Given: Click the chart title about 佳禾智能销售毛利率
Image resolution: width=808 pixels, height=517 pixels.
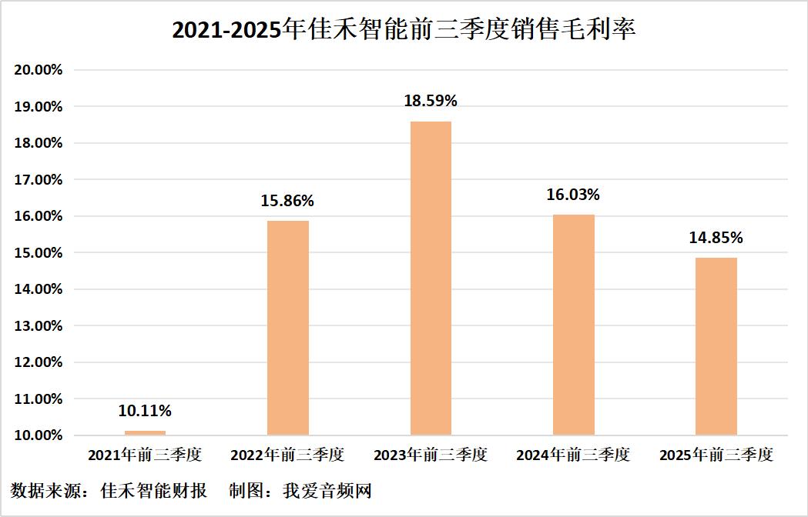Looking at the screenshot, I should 404,31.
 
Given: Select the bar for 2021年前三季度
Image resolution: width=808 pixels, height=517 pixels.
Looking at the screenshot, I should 145,432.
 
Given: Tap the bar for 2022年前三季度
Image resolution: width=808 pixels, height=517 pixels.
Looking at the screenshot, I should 288,329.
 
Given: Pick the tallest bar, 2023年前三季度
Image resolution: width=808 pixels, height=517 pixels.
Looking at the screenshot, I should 431,279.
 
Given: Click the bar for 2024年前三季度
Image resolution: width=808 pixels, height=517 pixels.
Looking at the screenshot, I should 574,325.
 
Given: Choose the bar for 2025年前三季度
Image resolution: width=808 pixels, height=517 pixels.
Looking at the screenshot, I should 716,347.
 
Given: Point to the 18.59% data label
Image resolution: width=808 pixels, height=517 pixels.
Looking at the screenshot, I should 431,101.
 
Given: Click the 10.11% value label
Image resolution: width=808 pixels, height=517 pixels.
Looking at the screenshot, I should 145,411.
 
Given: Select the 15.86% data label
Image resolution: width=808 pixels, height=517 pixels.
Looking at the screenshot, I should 288,201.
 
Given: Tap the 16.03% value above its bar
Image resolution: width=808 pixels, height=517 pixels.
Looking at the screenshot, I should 574,195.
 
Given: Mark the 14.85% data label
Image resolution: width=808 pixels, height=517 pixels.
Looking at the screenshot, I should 716,238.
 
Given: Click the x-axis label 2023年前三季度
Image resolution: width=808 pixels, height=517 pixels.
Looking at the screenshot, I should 431,455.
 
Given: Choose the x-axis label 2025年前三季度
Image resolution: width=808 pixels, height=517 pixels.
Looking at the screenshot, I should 716,455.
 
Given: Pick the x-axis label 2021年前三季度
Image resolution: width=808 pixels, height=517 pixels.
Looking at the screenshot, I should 145,455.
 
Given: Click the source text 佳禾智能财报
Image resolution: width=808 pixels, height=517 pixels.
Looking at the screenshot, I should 154,491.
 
